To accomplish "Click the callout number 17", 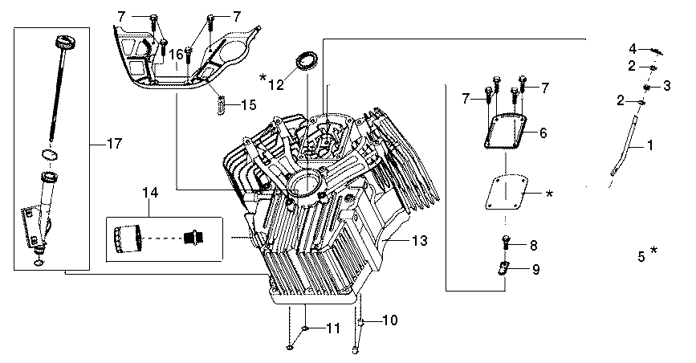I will click(114, 144).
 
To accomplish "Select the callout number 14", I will click(150, 193).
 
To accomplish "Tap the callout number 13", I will click(419, 240).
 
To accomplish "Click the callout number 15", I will click(248, 104).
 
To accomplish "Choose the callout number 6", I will click(543, 132).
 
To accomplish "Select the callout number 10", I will click(389, 320).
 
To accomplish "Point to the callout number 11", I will click(333, 328).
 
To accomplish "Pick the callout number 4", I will click(633, 47).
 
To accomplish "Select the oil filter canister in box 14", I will click(128, 239).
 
